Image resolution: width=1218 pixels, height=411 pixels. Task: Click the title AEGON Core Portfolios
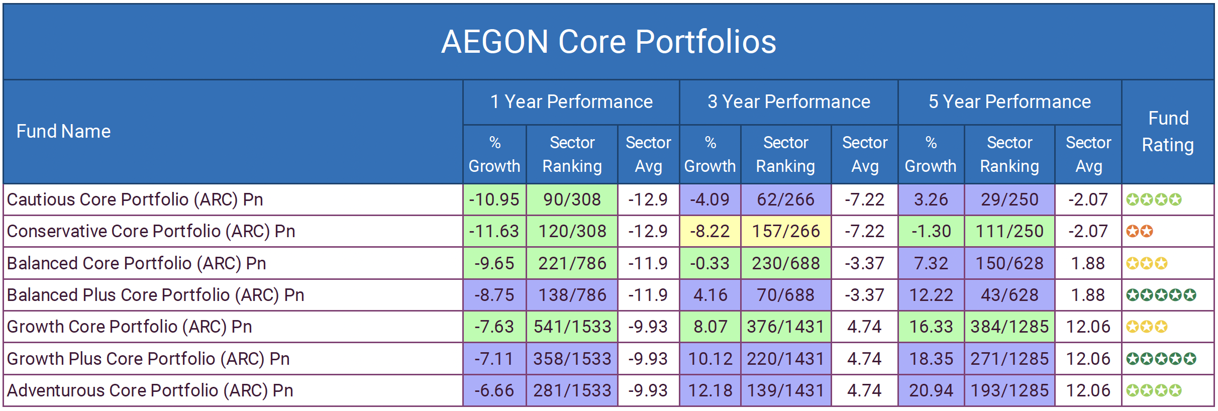click(x=608, y=41)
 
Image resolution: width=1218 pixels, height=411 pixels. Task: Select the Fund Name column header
click(x=63, y=131)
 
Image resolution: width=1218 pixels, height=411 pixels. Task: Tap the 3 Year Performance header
click(x=788, y=102)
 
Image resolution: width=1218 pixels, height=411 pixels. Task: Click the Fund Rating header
click(x=1168, y=132)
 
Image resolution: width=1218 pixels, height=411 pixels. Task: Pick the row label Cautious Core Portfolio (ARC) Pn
click(x=135, y=199)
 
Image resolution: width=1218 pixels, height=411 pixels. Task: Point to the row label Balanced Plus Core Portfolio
click(x=155, y=295)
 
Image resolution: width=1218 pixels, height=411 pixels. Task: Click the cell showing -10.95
click(x=494, y=199)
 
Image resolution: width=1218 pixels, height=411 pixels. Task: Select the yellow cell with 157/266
click(x=786, y=231)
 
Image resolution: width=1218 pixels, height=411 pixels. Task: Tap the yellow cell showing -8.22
click(x=709, y=231)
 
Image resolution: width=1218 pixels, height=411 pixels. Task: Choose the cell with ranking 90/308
click(x=572, y=199)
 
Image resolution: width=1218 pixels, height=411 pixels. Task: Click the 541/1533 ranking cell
click(x=572, y=327)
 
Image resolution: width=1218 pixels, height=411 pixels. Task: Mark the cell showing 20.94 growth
click(x=931, y=390)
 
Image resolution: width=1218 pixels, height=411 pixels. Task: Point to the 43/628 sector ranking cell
click(x=1009, y=295)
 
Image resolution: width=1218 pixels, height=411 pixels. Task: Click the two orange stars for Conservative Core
click(x=1139, y=231)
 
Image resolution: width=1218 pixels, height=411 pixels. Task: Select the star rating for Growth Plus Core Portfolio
click(x=1161, y=359)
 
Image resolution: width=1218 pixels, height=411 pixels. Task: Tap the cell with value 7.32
click(x=931, y=263)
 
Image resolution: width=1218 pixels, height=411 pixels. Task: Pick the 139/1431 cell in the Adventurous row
click(x=786, y=390)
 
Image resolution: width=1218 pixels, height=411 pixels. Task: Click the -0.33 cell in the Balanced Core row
click(x=709, y=263)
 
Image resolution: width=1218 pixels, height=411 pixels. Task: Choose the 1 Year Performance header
click(x=571, y=102)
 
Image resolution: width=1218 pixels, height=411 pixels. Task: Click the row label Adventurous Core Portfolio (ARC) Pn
click(x=150, y=390)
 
